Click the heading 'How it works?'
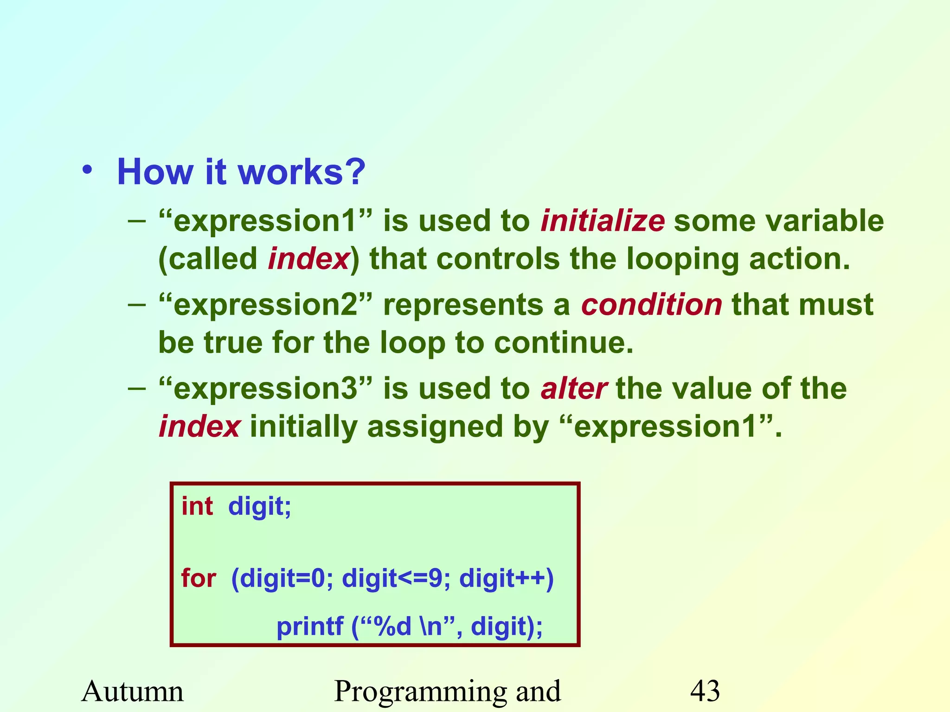(x=241, y=172)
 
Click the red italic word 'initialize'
(x=603, y=221)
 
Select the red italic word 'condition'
(x=652, y=305)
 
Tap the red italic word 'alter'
(x=574, y=388)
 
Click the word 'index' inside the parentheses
(x=308, y=259)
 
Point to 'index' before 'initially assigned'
(x=199, y=426)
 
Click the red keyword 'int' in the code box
(x=197, y=506)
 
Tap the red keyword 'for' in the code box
(x=199, y=578)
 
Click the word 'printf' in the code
(x=310, y=627)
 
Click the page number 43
(x=705, y=691)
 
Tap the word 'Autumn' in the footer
(x=133, y=691)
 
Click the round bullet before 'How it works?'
(x=87, y=171)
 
